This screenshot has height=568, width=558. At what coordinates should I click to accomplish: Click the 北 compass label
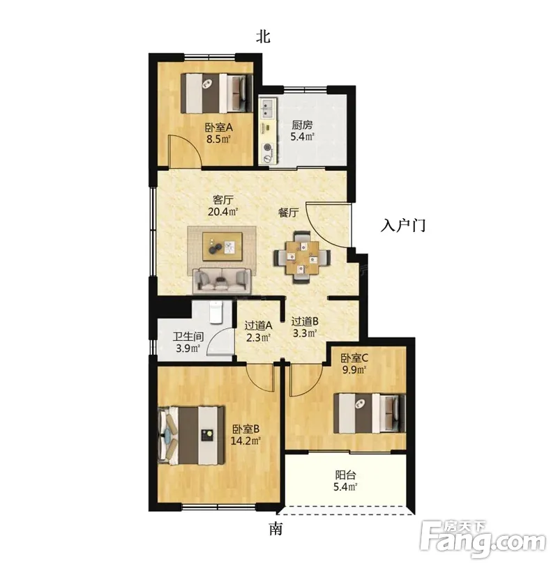click(263, 36)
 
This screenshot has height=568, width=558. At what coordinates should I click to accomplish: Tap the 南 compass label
click(276, 529)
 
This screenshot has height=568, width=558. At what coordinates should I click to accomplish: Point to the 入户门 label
click(403, 225)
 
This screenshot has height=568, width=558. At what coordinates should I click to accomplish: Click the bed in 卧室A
click(217, 93)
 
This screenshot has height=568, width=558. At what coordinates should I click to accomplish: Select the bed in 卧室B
click(191, 436)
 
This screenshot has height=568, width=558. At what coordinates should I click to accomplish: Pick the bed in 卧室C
click(370, 413)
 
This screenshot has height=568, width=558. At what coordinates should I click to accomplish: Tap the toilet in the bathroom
click(216, 312)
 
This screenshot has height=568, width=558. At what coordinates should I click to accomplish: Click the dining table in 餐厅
click(302, 257)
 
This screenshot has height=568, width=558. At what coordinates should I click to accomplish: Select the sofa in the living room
click(222, 280)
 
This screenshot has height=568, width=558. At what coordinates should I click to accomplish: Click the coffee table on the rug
click(223, 246)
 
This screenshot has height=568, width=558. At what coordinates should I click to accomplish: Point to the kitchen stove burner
click(268, 148)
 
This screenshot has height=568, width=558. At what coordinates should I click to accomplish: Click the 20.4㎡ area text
click(223, 212)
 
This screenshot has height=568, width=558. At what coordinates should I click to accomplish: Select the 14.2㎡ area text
click(246, 440)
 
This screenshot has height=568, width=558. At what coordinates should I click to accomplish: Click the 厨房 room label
click(302, 125)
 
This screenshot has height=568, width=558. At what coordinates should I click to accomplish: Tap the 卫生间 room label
click(188, 337)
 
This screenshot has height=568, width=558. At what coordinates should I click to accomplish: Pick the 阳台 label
click(345, 475)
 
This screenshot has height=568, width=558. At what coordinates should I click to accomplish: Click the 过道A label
click(258, 325)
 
